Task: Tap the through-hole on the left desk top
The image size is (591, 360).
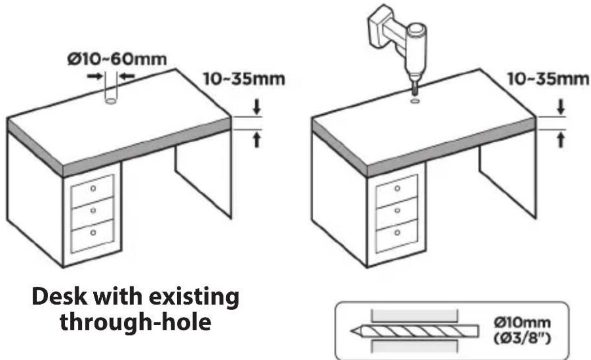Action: (x=111, y=101)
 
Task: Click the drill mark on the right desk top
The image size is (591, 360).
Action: (x=414, y=101)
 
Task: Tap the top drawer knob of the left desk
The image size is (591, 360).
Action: (x=94, y=189)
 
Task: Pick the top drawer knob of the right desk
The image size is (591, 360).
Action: (x=398, y=188)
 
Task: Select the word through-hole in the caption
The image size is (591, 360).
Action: (x=135, y=322)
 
